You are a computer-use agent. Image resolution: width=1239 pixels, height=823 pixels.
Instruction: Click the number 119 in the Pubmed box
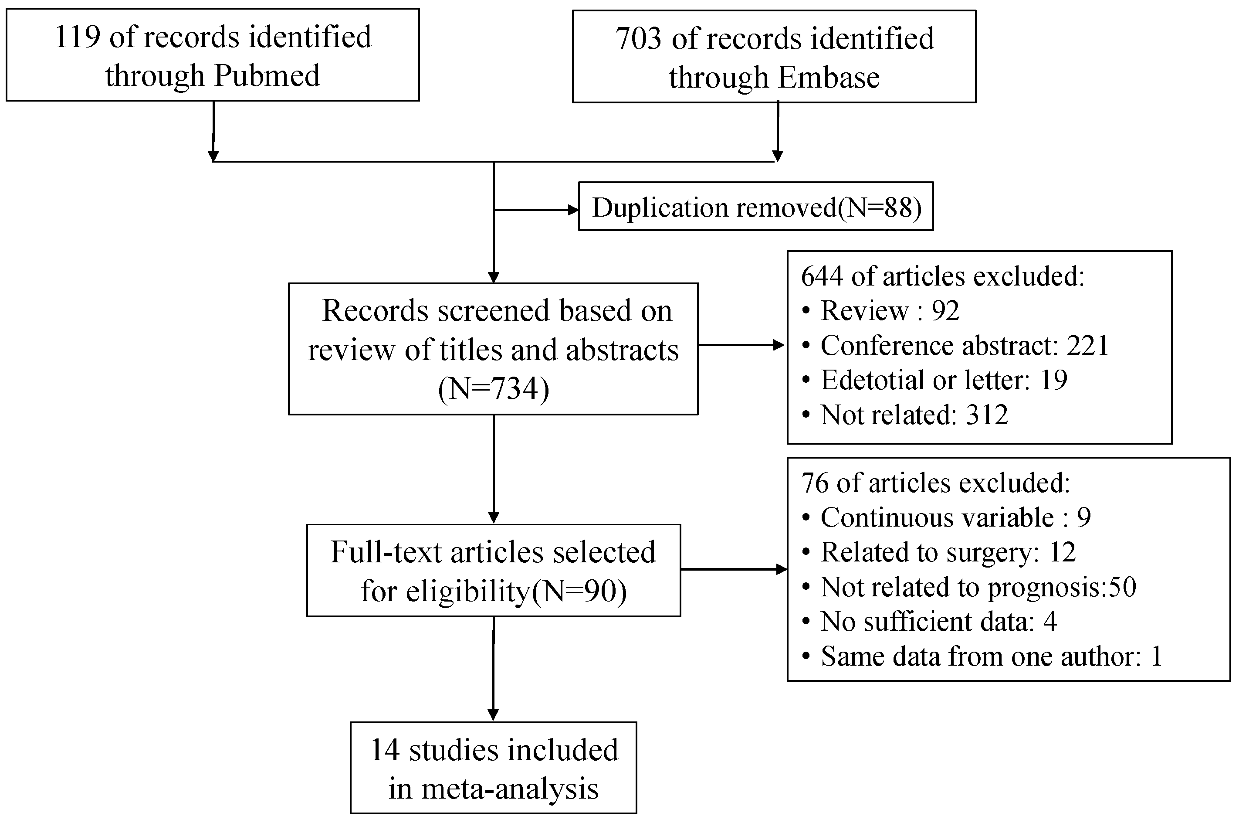tap(77, 38)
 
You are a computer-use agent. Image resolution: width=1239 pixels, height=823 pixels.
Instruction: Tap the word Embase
tap(828, 78)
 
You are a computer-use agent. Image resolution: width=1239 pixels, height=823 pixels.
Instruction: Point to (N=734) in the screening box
tap(493, 389)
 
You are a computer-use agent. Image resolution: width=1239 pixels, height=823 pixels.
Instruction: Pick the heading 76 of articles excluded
tap(935, 483)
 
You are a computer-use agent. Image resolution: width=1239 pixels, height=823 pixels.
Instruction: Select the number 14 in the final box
tap(385, 750)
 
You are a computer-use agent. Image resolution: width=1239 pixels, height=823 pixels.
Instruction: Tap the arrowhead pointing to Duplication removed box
tap(573, 211)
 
